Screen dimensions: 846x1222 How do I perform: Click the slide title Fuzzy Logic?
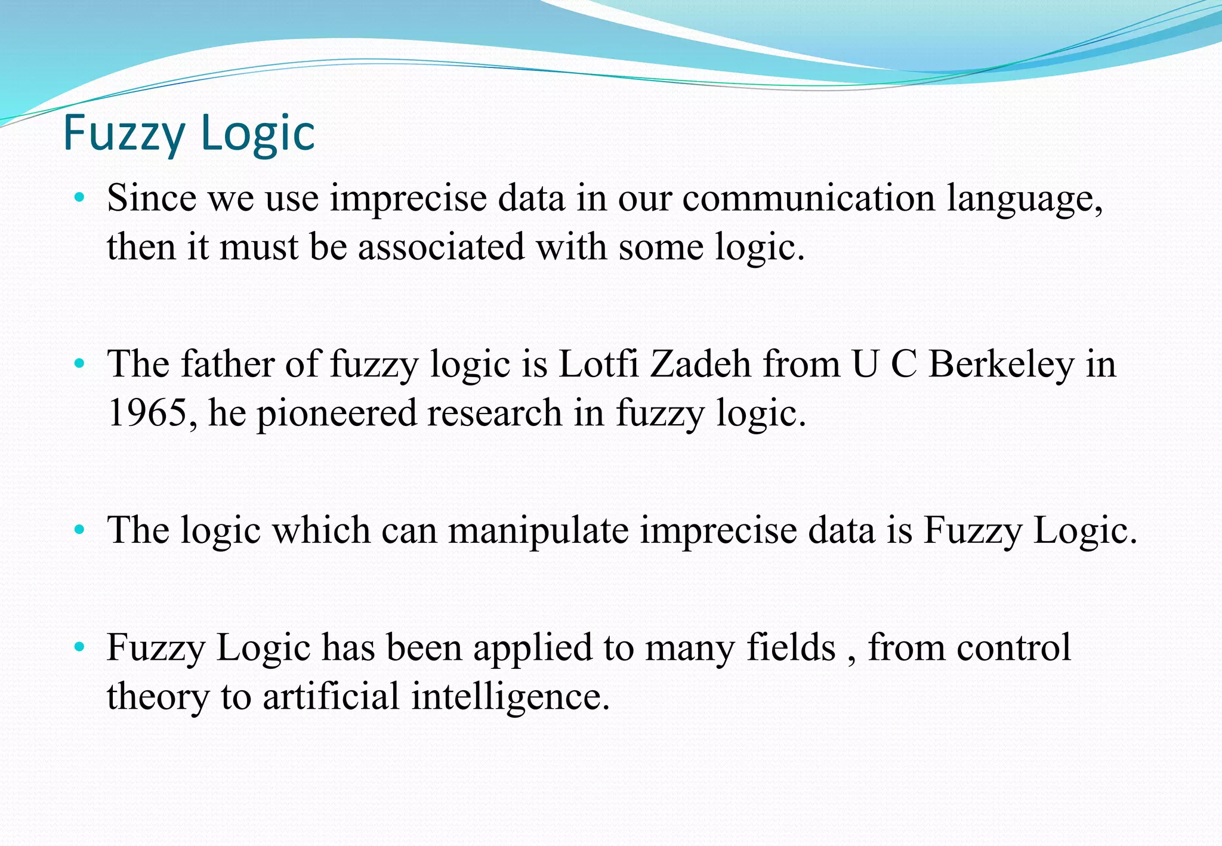[x=189, y=133]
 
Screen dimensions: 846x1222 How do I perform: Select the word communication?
[x=809, y=198]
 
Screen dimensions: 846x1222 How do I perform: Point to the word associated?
[x=441, y=247]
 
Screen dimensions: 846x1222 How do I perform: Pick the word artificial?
[x=331, y=696]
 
